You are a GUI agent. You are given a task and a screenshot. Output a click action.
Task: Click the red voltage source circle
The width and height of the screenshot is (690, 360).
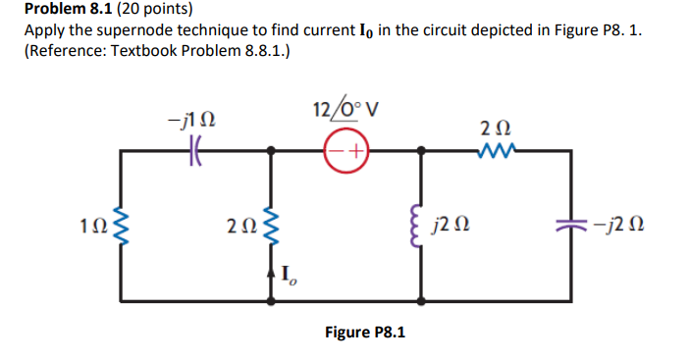(x=346, y=152)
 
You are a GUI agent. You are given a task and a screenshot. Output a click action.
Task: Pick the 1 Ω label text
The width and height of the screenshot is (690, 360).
(x=91, y=229)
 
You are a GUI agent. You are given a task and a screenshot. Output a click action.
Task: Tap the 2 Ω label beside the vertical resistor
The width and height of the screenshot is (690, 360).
(x=239, y=229)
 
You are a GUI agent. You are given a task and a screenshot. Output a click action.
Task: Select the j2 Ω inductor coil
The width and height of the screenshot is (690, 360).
(x=422, y=227)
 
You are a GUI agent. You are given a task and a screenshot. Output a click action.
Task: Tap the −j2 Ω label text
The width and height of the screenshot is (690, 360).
(x=612, y=228)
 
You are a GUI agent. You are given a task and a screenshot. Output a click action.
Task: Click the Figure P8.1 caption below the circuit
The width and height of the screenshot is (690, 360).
(x=365, y=333)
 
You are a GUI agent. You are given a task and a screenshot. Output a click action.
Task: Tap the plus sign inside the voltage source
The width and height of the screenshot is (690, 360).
(x=355, y=152)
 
